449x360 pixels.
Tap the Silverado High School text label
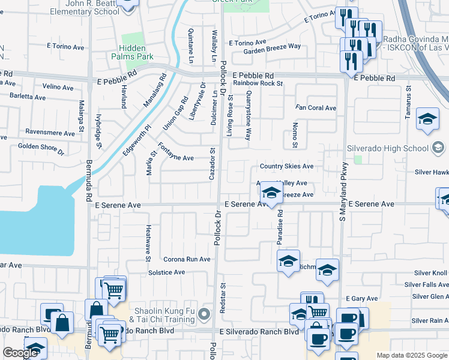[388, 148]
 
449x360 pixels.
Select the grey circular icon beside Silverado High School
[438, 148]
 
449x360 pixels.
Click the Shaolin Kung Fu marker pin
[205, 314]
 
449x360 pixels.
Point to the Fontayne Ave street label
[175, 152]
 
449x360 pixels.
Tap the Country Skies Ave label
[286, 166]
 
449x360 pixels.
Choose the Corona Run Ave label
[187, 259]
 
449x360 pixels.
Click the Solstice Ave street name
[166, 272]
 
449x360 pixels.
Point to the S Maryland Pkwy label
[343, 191]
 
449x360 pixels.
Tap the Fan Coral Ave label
[316, 108]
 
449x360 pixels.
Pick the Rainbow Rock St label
[258, 83]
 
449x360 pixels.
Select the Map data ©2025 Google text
[411, 355]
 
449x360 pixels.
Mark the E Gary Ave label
[362, 298]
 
